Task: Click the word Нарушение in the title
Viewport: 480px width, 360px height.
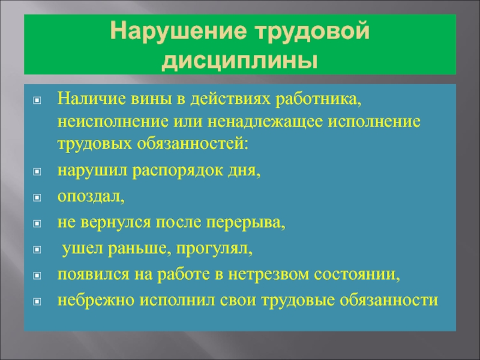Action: pyautogui.click(x=178, y=31)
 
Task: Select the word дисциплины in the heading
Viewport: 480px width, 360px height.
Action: pyautogui.click(x=239, y=61)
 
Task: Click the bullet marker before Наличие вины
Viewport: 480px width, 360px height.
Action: pyautogui.click(x=37, y=100)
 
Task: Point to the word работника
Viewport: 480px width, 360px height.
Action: pyautogui.click(x=319, y=99)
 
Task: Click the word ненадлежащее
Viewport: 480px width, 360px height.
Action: pyautogui.click(x=265, y=121)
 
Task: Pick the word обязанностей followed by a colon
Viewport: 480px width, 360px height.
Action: pyautogui.click(x=192, y=143)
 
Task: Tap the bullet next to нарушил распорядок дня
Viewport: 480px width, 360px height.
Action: pyautogui.click(x=37, y=172)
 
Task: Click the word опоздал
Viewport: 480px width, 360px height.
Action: pyautogui.click(x=91, y=196)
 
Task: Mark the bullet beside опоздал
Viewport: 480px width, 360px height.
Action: pyautogui.click(x=37, y=197)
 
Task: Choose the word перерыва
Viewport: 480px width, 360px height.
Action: pyautogui.click(x=245, y=223)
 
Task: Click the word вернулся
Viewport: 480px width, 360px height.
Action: pyautogui.click(x=116, y=222)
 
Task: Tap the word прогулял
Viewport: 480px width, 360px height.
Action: pyautogui.click(x=214, y=248)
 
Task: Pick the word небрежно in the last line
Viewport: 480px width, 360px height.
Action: pyautogui.click(x=96, y=301)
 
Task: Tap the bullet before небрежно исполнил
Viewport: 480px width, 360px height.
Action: pyautogui.click(x=37, y=302)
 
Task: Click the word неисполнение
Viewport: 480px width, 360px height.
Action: pyautogui.click(x=113, y=121)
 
